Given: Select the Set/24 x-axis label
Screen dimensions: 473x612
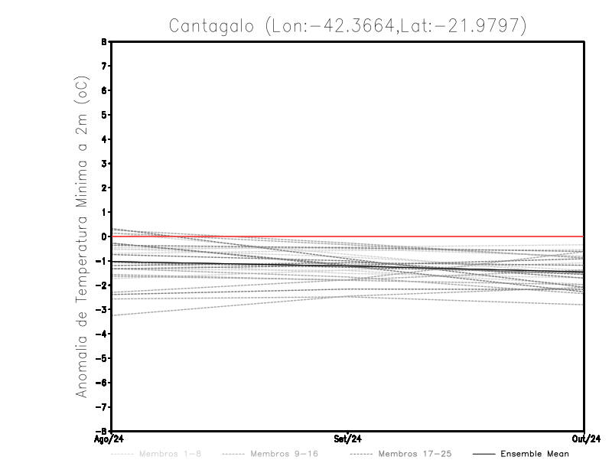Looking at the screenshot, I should coord(348,439).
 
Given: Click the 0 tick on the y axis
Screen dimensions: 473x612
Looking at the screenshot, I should coord(105,236).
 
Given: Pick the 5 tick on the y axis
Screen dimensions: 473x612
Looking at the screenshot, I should coord(105,115).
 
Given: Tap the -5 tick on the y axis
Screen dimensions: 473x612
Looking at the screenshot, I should coord(103,358).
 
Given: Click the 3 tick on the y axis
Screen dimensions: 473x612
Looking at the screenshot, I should coord(105,164).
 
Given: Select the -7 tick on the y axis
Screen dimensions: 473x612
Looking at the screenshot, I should coord(103,406).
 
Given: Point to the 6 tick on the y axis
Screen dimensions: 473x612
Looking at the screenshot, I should coord(105,90).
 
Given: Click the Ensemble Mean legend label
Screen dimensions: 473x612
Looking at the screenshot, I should coord(534,455).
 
